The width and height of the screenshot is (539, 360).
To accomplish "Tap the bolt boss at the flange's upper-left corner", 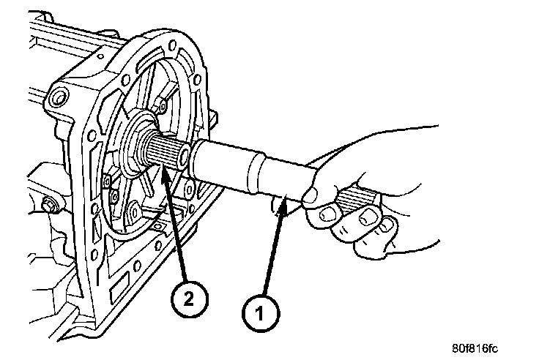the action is (58, 96).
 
